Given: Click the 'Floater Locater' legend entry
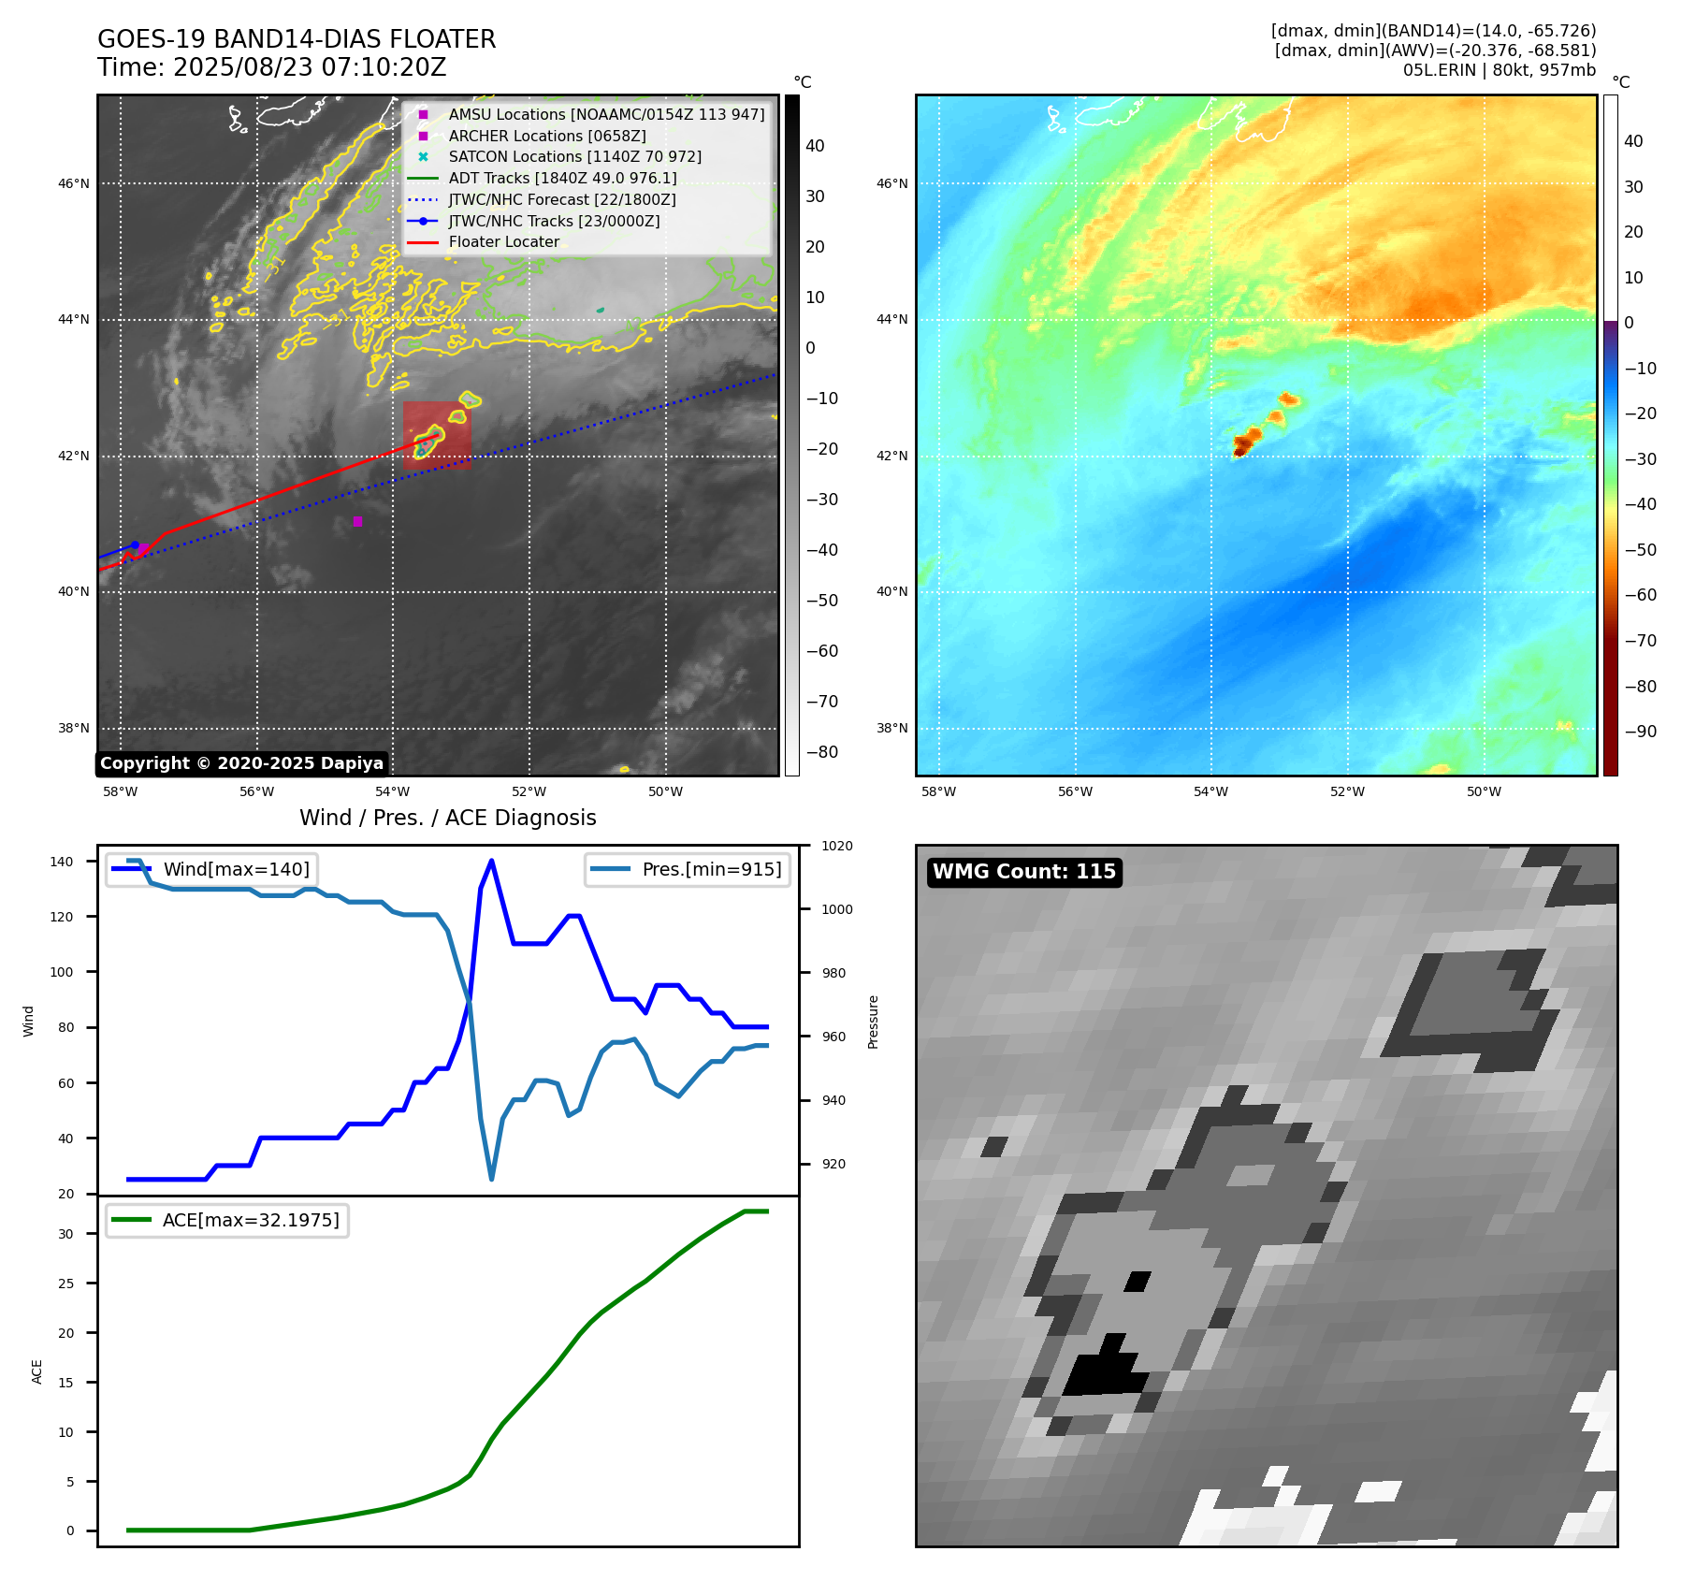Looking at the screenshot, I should [503, 242].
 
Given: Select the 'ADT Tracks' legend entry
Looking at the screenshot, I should [562, 178].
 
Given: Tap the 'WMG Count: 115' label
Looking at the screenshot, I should [1024, 872].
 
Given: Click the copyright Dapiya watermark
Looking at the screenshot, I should [241, 763].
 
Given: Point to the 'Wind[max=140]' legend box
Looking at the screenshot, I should [211, 869].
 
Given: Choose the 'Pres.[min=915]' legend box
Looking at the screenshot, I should [688, 869].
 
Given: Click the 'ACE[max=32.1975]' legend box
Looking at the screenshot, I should [227, 1220].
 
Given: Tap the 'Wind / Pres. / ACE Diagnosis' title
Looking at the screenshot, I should [447, 818].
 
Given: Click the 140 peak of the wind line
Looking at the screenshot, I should [491, 861].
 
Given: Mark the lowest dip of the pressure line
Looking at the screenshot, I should [491, 1179].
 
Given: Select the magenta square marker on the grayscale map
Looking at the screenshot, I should [357, 521].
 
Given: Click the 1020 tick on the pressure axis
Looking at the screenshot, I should [836, 846].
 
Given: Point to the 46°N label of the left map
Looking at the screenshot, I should [74, 183].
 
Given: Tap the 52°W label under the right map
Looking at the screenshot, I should [1347, 791].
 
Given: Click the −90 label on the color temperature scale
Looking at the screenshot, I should [1640, 732].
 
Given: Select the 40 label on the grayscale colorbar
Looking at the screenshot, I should [815, 146].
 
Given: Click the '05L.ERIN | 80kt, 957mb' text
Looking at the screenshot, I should [1499, 70].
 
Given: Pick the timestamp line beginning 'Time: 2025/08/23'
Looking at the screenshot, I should [271, 67].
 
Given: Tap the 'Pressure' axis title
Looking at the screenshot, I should [873, 1022].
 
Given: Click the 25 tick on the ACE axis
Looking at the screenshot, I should [65, 1284].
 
